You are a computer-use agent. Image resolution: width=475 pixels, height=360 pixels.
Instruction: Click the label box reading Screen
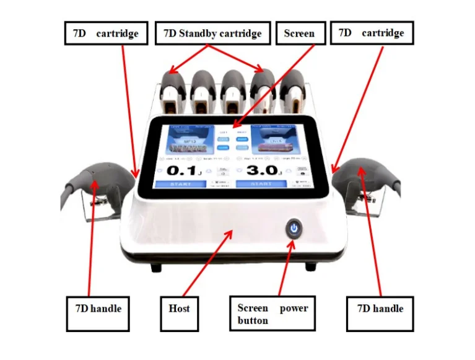[299, 33]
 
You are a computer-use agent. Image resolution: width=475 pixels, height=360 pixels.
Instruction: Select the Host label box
[179, 308]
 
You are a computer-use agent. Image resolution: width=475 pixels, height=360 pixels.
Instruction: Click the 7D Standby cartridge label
[212, 33]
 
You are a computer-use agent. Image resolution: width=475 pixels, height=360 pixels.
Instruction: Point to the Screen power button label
[272, 314]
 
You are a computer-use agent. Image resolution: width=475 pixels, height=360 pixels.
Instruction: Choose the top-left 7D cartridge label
[106, 33]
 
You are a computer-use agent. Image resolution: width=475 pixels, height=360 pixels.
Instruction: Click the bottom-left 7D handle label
[97, 308]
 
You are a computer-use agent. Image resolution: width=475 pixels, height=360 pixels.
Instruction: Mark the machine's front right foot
[310, 267]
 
